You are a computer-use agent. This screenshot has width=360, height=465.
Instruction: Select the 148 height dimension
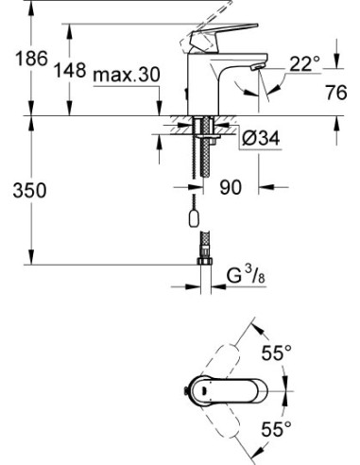pos(72,70)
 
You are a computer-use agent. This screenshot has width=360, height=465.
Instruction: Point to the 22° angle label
pos(304,63)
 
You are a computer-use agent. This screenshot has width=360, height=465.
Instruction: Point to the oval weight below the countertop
pos(196,220)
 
